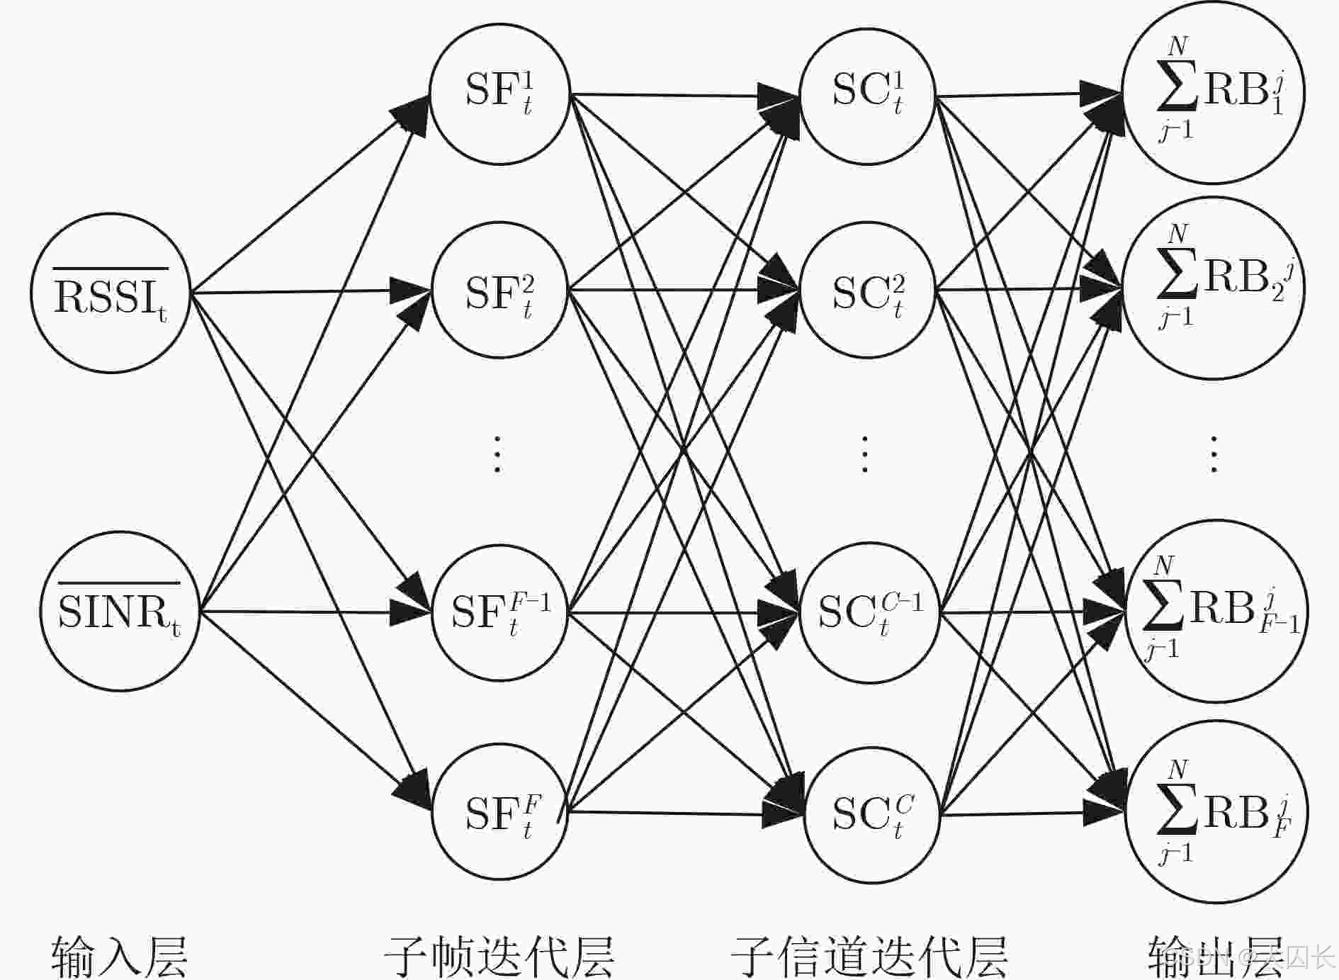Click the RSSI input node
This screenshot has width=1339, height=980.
(110, 293)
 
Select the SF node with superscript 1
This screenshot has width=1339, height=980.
(499, 94)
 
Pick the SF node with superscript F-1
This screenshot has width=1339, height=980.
(499, 612)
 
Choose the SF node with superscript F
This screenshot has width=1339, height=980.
(499, 812)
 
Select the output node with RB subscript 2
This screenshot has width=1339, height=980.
(1214, 288)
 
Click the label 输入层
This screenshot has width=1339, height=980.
(119, 957)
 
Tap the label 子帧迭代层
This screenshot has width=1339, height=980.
(499, 957)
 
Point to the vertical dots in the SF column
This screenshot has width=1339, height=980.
(497, 454)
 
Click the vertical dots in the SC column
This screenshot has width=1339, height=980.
(864, 454)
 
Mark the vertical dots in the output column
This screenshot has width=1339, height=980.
(1214, 454)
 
